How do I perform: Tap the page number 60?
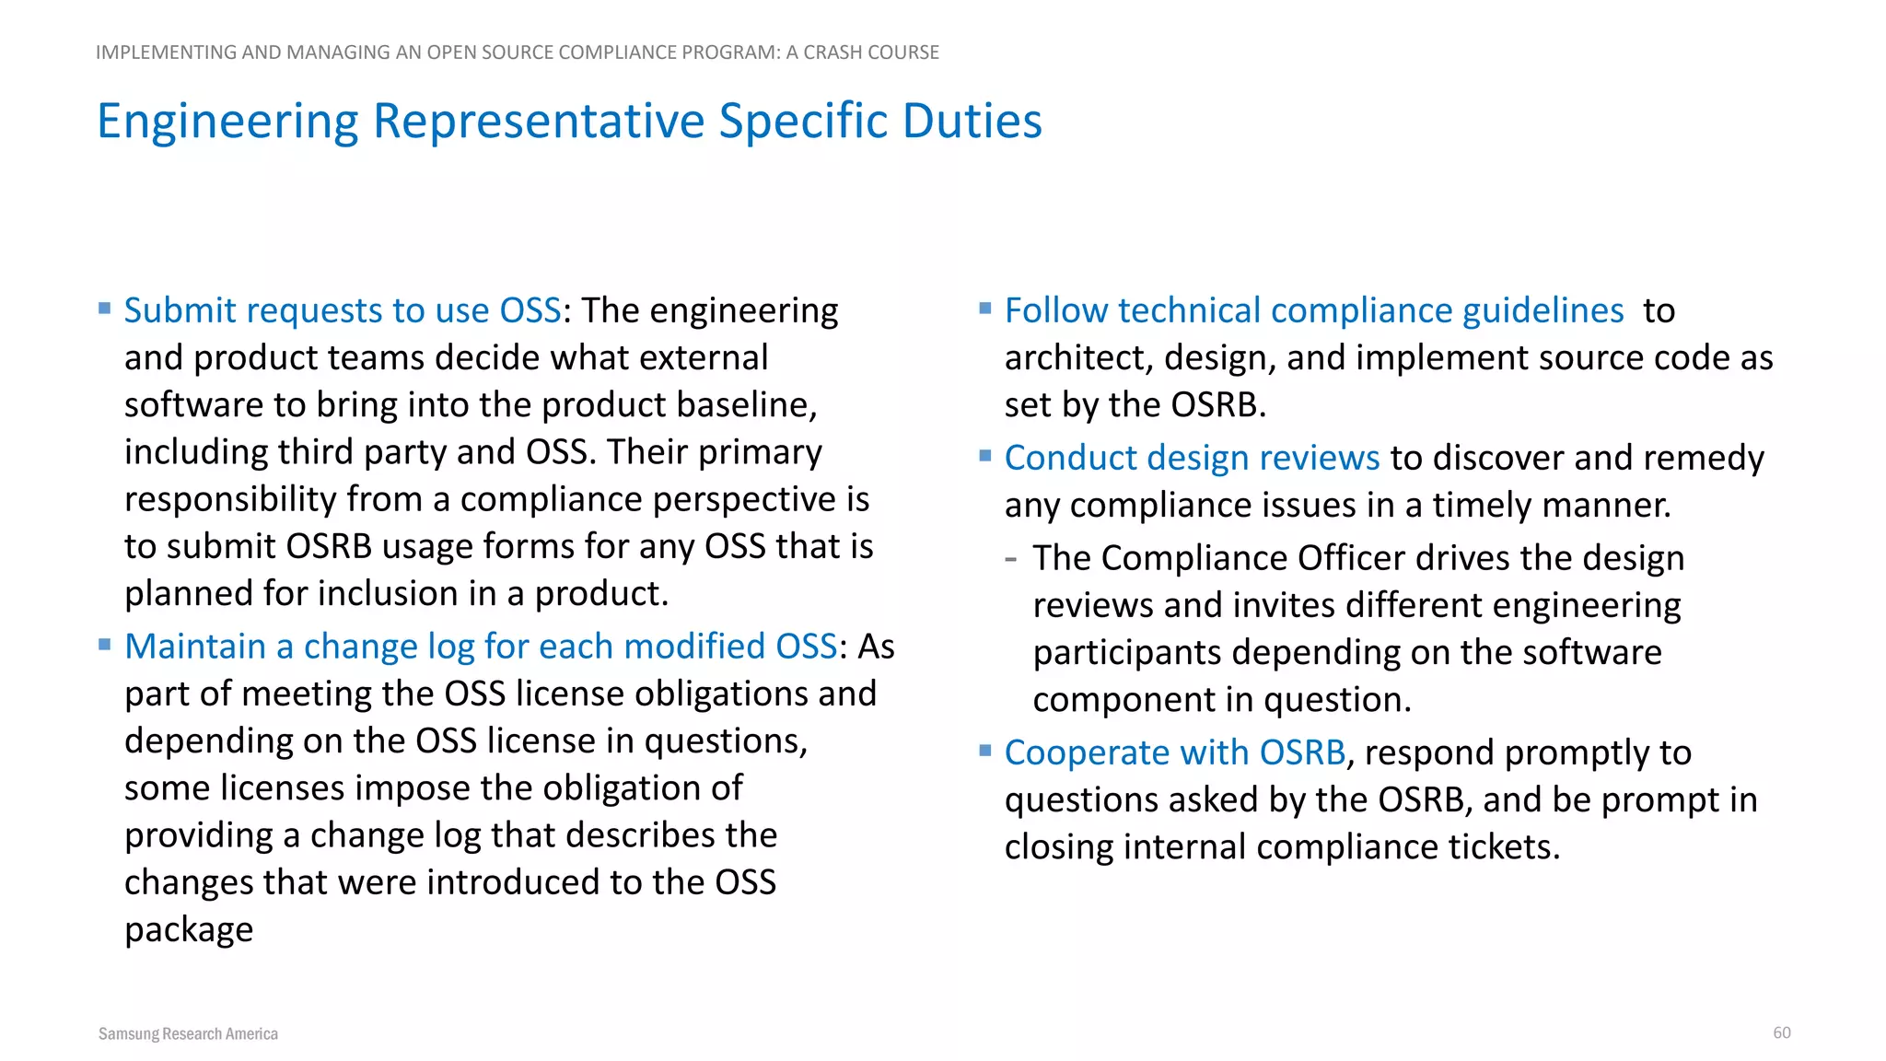point(1781,1032)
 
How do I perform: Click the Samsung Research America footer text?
point(188,1033)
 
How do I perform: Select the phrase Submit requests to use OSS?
point(343,310)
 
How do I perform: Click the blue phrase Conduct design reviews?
point(1192,458)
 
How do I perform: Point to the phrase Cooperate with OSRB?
point(1175,752)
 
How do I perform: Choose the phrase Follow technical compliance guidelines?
point(1314,310)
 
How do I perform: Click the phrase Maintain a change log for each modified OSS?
point(481,647)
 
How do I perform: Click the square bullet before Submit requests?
point(105,308)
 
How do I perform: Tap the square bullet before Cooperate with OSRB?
point(985,750)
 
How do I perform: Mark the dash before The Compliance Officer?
point(1011,558)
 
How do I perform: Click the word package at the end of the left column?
point(189,930)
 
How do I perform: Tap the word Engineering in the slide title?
point(227,121)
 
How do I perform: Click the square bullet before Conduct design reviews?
point(985,455)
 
